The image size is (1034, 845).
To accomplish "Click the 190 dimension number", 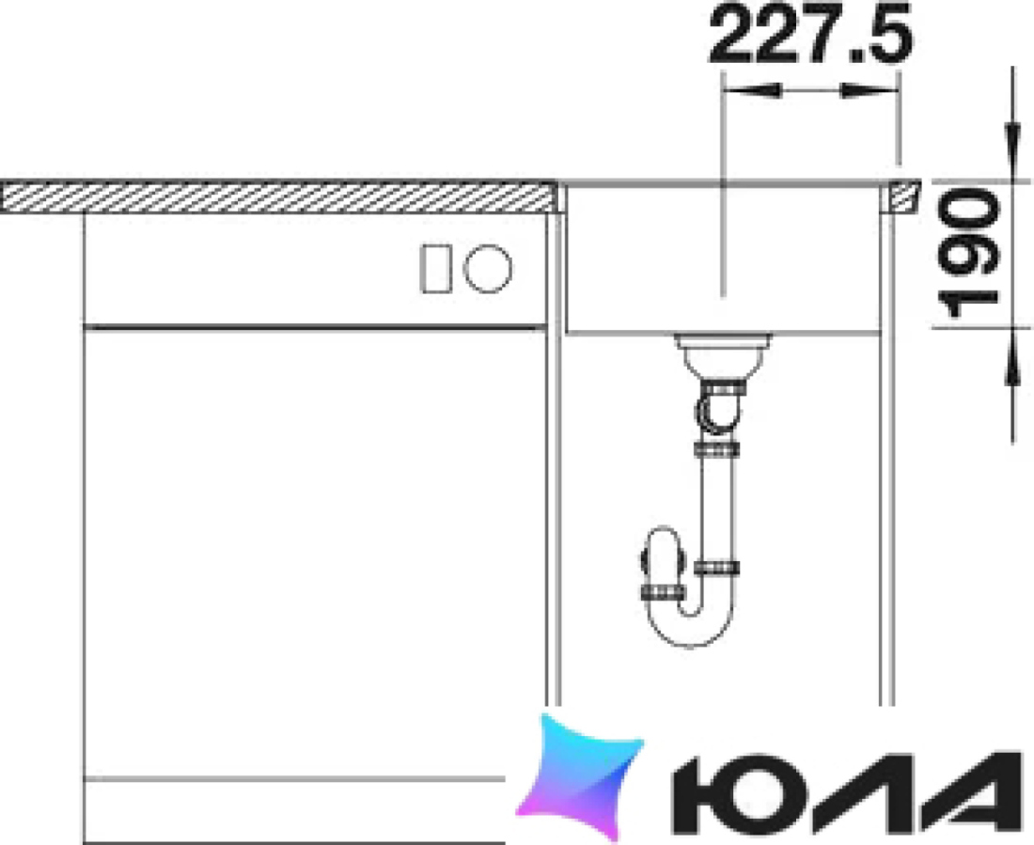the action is coord(968,253).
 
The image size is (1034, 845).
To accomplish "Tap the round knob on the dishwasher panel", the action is coord(488,268).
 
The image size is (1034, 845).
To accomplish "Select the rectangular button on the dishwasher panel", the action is coord(435,268).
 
